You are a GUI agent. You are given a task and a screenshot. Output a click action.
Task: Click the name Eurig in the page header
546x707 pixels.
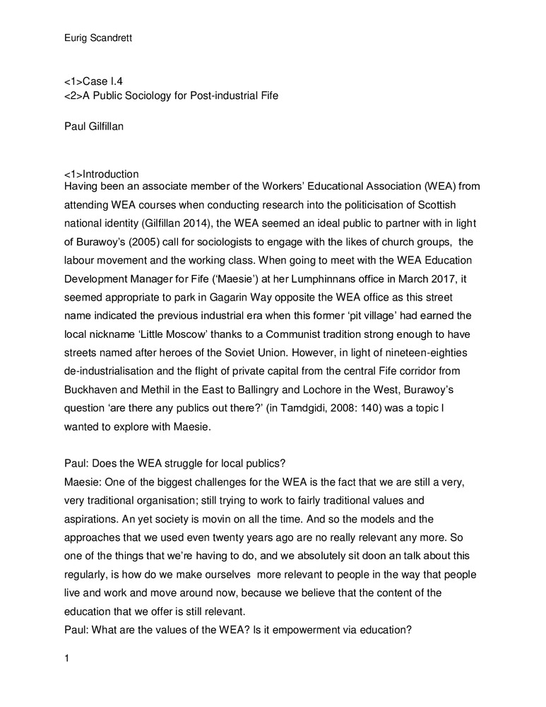tap(75, 19)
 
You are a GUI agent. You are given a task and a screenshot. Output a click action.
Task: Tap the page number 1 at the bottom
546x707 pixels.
tap(66, 660)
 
